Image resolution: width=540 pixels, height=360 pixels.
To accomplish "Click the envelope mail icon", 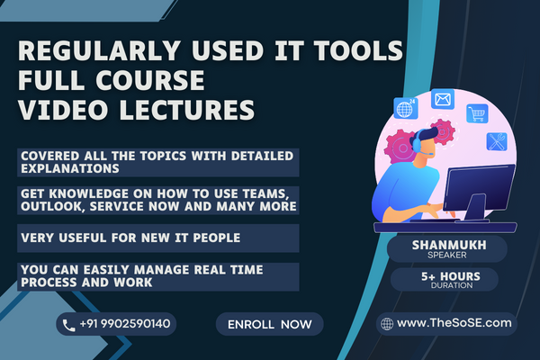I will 441,99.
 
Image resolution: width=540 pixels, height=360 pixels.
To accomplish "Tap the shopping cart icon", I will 475,114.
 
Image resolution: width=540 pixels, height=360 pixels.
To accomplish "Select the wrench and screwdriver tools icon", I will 497,141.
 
